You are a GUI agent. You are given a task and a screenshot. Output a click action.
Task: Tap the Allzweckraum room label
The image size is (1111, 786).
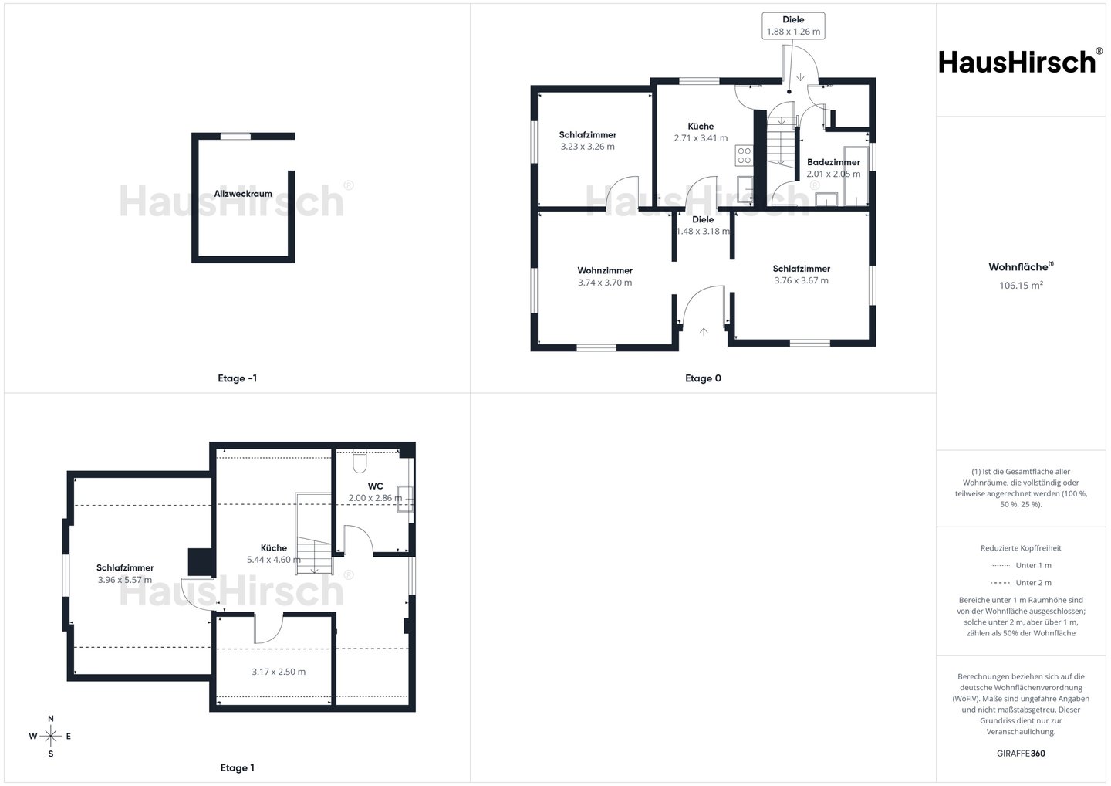tap(243, 194)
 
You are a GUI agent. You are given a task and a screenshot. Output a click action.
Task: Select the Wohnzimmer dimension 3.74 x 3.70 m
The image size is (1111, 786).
tap(605, 283)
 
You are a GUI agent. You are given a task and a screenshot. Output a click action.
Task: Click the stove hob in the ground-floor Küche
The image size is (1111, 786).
tap(744, 155)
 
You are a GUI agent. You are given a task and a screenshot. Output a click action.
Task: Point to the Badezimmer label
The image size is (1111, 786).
tap(833, 162)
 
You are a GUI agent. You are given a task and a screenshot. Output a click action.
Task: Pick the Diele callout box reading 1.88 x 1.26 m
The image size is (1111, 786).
tap(794, 25)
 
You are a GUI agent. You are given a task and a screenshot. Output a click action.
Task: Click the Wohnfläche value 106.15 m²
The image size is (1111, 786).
tap(1021, 286)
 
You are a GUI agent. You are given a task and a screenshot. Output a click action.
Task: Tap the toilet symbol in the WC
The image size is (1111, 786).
tap(360, 461)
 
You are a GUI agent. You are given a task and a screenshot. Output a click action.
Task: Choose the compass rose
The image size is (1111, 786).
tap(51, 736)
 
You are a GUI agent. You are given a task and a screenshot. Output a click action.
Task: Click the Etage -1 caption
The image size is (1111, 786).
tap(237, 378)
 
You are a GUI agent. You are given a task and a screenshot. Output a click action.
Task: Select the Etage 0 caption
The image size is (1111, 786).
tap(703, 378)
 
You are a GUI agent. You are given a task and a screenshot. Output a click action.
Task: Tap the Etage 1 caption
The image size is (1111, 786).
tap(237, 767)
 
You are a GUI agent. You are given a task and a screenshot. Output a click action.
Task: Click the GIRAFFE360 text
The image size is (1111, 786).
tap(1021, 754)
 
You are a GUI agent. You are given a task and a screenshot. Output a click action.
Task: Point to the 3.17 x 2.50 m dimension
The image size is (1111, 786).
tap(279, 672)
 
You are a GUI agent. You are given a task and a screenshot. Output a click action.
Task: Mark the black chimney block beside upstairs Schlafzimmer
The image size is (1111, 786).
tap(201, 563)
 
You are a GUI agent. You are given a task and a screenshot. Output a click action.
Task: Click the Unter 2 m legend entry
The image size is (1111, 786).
tap(1021, 583)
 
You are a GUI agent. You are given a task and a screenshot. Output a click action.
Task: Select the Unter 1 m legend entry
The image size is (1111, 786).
tap(1021, 565)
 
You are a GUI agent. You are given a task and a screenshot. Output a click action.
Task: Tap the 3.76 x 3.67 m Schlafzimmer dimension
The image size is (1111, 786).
tap(801, 280)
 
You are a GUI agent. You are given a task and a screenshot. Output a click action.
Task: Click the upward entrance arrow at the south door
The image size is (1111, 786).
tap(704, 332)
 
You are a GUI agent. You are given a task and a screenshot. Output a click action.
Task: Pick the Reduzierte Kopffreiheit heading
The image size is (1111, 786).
tap(1021, 548)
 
